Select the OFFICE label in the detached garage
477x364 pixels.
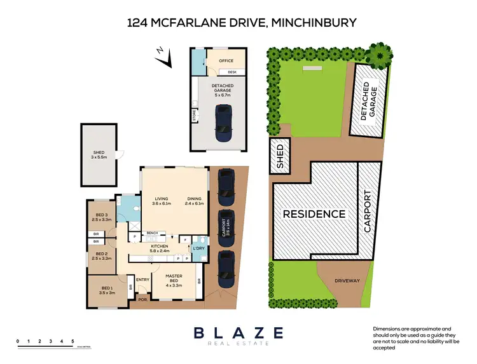(x=226, y=61)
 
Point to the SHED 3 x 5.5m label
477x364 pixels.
(x=99, y=154)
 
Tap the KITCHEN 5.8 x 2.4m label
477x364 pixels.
(x=160, y=248)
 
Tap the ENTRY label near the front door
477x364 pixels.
(x=142, y=280)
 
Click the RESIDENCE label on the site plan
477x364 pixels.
(x=314, y=214)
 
